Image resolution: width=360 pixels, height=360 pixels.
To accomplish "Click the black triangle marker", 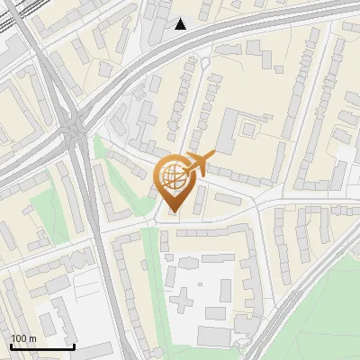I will [181, 24].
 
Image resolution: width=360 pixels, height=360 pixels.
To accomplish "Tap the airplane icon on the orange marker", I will [200, 165].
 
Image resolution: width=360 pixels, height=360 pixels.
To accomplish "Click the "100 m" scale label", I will [23, 338].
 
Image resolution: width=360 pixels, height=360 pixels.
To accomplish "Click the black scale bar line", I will [41, 346].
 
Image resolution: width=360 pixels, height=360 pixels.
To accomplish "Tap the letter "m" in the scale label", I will [32, 338].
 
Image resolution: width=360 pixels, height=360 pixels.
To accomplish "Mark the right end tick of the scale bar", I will [74, 345].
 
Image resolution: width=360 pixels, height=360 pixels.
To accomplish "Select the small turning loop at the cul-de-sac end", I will [204, 62].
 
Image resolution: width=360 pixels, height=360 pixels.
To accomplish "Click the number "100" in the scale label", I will [19, 338].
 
